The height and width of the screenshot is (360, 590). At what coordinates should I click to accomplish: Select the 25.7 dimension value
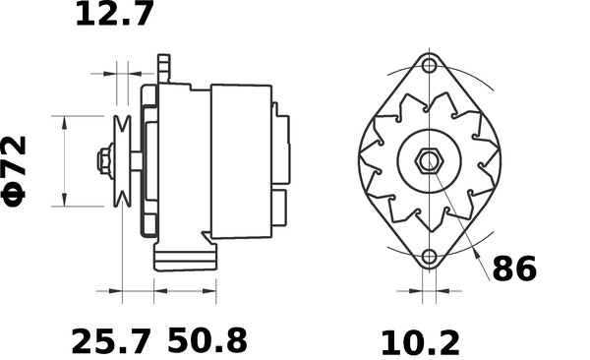[111, 341]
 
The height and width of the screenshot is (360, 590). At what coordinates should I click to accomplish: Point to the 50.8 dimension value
[206, 341]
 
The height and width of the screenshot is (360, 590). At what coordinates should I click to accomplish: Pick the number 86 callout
[514, 269]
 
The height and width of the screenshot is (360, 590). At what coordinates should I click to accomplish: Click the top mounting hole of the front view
[430, 67]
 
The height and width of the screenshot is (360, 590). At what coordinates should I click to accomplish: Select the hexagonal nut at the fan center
[430, 161]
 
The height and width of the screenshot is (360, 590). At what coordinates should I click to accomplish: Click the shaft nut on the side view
[103, 161]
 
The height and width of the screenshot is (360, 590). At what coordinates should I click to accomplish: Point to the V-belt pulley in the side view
[123, 161]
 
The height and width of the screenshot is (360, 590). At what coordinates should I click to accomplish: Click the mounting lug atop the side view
[164, 70]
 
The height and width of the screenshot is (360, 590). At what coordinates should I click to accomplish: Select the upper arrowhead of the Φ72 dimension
[64, 121]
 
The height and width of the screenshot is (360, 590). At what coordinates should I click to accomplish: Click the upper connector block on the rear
[284, 148]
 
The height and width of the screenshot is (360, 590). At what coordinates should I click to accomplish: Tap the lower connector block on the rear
[280, 208]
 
